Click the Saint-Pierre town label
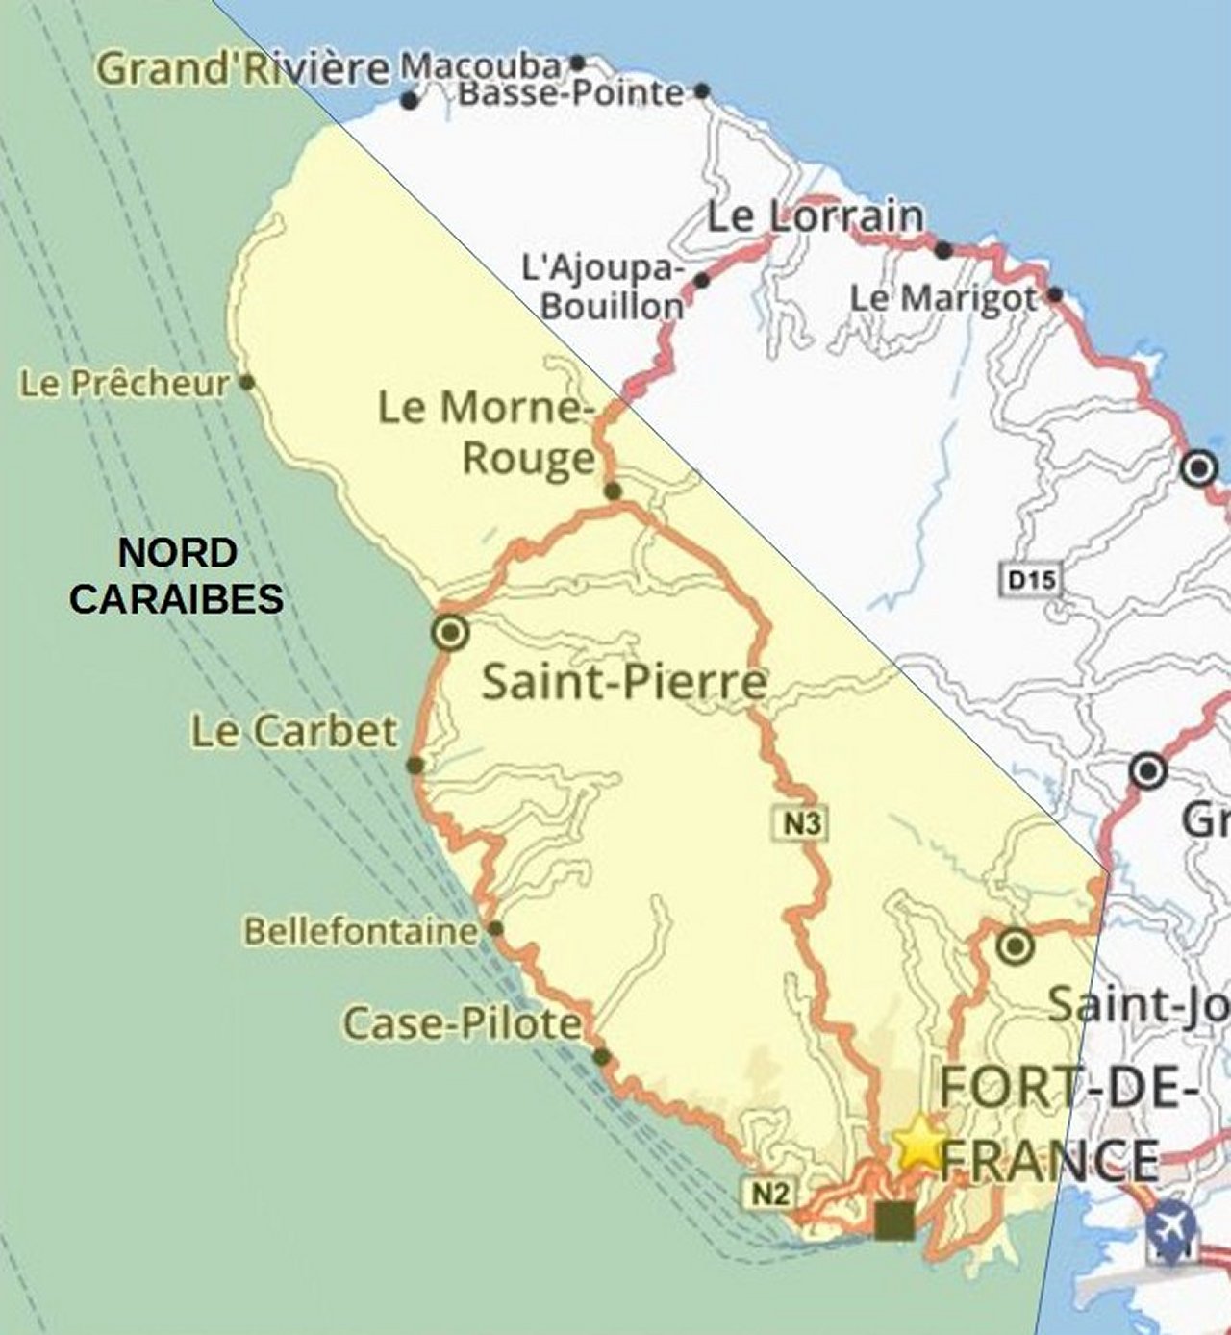624,682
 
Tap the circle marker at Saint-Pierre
450,633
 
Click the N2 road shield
768,1194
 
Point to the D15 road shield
1031,580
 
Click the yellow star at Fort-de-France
917,1142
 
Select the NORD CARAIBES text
177,576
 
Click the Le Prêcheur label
125,384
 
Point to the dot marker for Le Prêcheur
247,383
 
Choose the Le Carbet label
293,732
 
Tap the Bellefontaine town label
361,931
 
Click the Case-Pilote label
463,1023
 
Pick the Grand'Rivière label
244,69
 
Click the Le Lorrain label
816,216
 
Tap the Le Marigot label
943,298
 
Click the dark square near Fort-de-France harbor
894,1220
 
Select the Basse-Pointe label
570,93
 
